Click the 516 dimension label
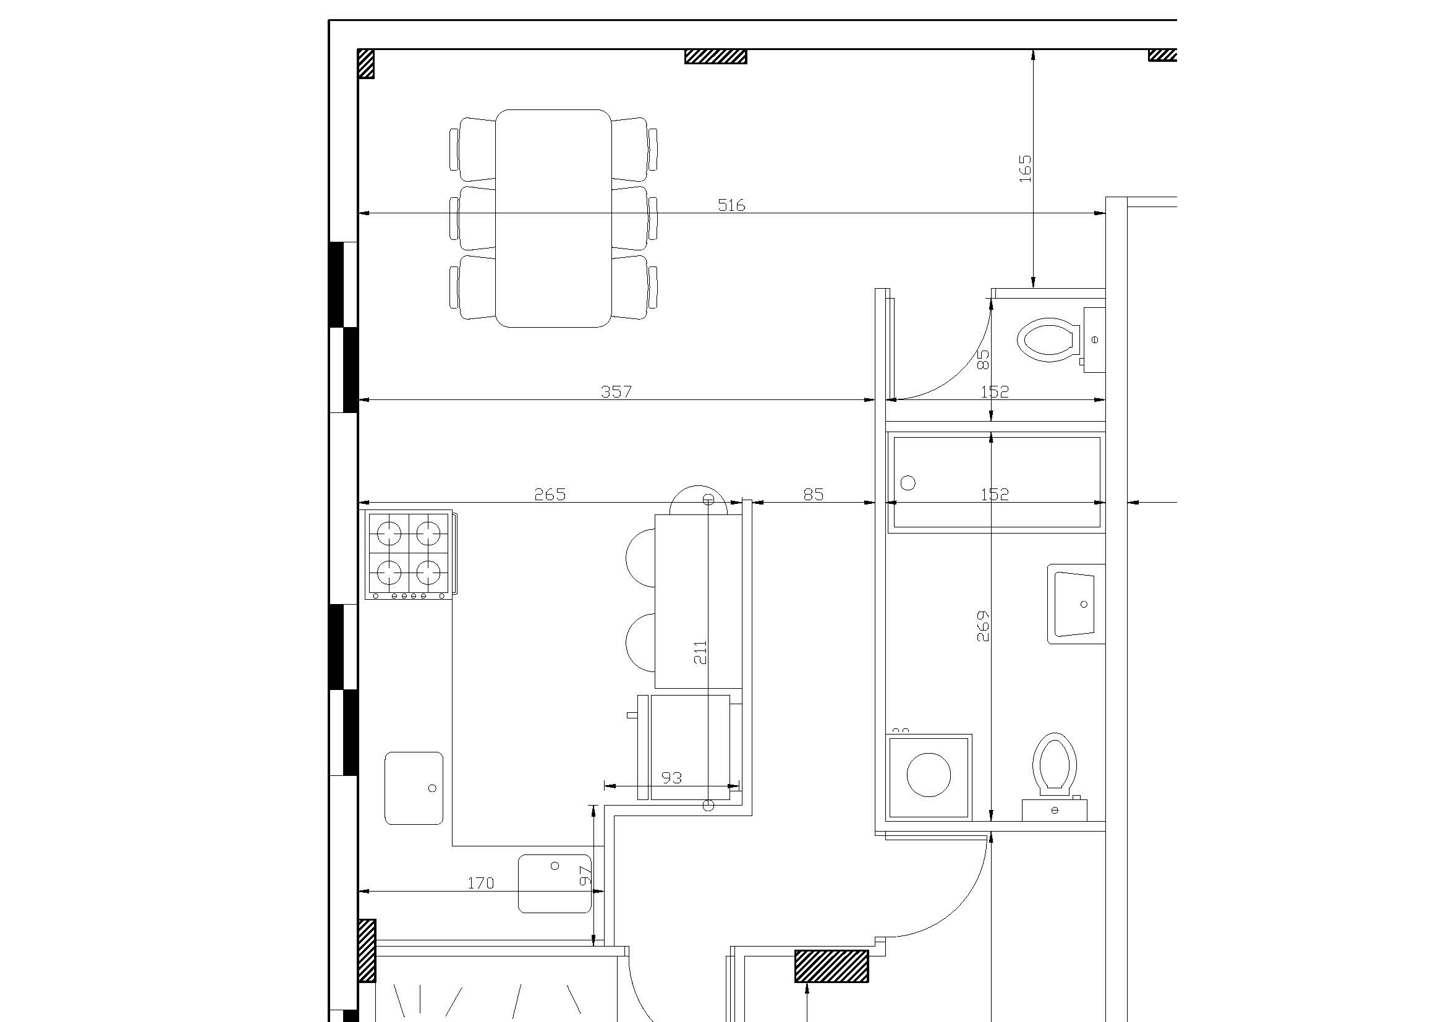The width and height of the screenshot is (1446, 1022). [x=731, y=205]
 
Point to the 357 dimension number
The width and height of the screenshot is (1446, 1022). [x=616, y=391]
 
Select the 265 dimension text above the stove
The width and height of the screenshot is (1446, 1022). [x=550, y=495]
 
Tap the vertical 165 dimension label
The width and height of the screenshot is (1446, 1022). [x=1025, y=169]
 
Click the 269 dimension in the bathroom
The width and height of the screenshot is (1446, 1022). [x=982, y=626]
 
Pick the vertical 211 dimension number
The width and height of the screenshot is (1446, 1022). [x=700, y=652]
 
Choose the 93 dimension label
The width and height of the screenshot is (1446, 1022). [x=672, y=778]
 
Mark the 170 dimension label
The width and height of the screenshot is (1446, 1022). [x=480, y=884]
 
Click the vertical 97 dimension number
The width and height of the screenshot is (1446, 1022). [x=585, y=875]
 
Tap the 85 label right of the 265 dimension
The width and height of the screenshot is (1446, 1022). [x=813, y=495]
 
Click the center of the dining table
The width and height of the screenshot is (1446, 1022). [x=553, y=218]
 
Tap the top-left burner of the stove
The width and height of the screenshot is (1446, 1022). [x=389, y=534]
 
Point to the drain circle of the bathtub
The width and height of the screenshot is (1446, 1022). [x=908, y=483]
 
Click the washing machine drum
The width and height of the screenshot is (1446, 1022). [x=929, y=775]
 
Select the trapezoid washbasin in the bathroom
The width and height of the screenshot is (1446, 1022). [x=1075, y=604]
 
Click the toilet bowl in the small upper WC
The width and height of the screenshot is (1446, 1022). [x=1045, y=340]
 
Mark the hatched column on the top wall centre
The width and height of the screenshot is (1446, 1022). [x=716, y=57]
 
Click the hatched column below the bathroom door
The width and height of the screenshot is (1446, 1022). [x=831, y=966]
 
